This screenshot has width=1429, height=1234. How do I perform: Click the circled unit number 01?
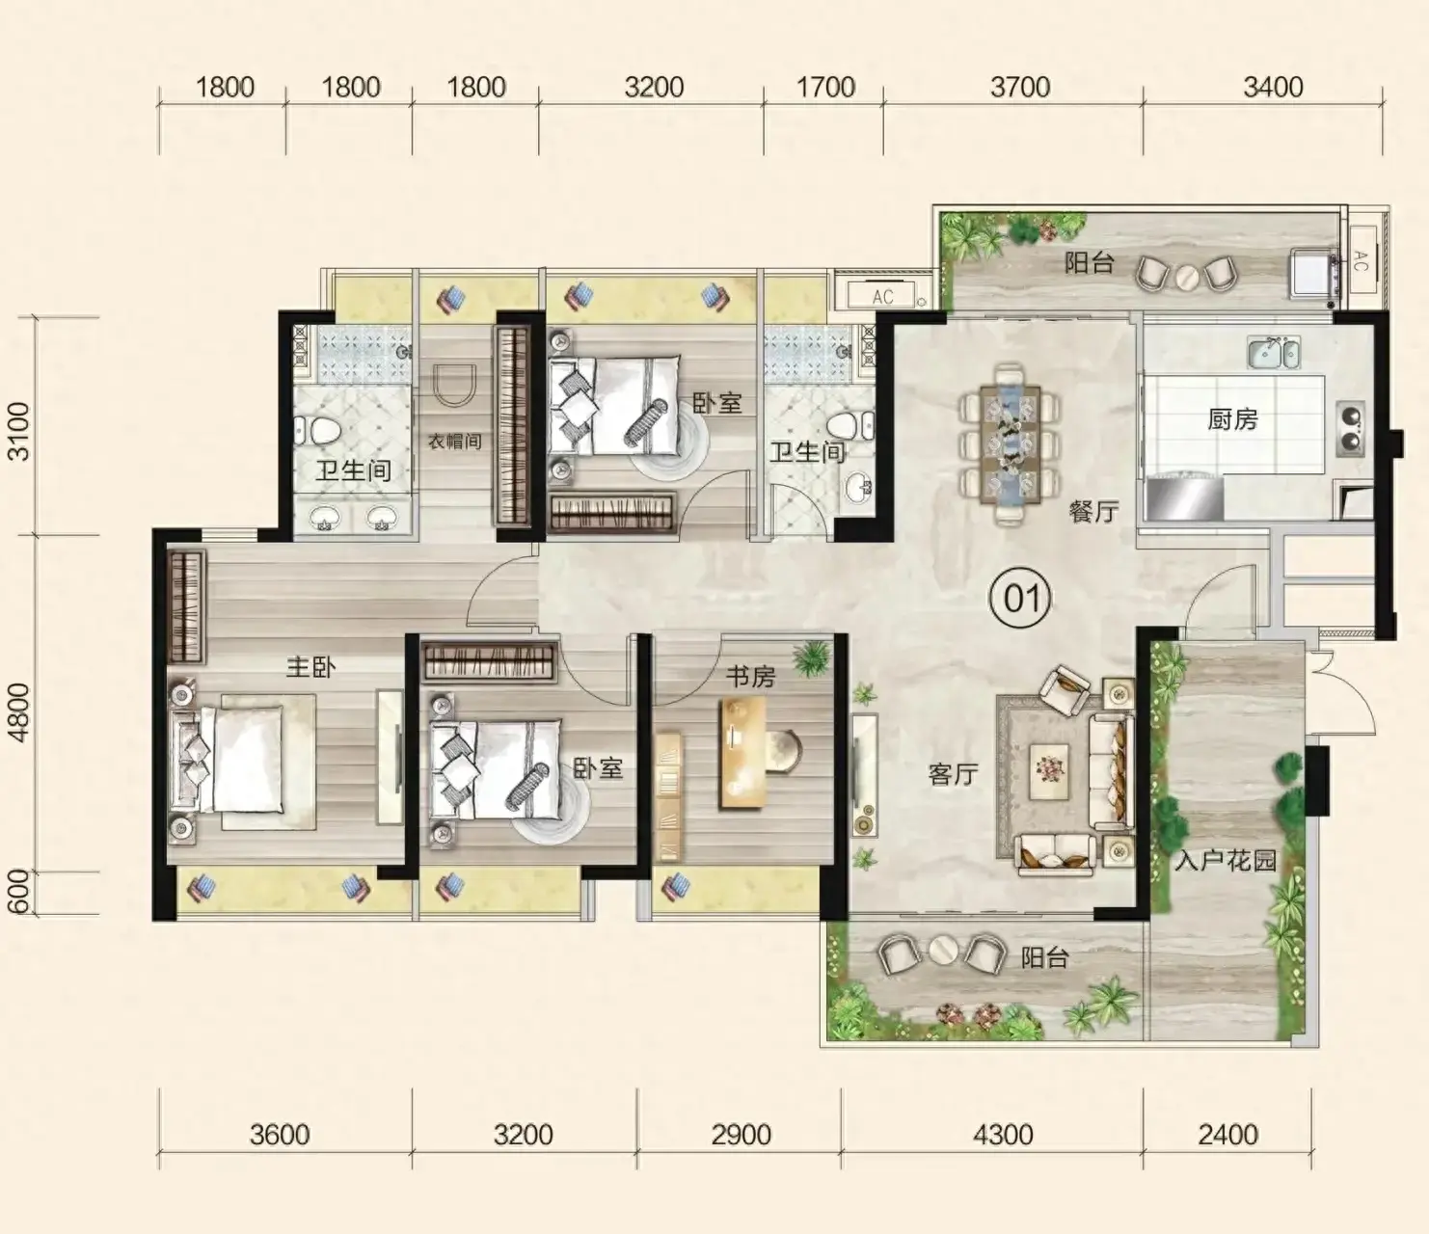[1021, 599]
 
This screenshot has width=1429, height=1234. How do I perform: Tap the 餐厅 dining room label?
[1093, 512]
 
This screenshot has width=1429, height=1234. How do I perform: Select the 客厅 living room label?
[953, 774]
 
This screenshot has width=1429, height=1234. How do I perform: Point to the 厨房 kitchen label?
[1232, 419]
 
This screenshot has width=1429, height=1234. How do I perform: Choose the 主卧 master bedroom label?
[311, 667]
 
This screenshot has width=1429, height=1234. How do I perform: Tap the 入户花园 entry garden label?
[1225, 861]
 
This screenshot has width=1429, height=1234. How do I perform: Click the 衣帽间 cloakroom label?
[454, 441]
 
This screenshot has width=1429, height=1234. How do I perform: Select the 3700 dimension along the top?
[1020, 87]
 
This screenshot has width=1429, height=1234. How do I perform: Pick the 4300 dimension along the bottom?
[1003, 1135]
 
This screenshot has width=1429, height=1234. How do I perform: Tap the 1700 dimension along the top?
[825, 87]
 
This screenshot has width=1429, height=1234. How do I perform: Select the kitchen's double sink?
[1274, 353]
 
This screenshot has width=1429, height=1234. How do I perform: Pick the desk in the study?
[743, 751]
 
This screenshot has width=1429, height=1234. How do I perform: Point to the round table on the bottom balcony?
[941, 952]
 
